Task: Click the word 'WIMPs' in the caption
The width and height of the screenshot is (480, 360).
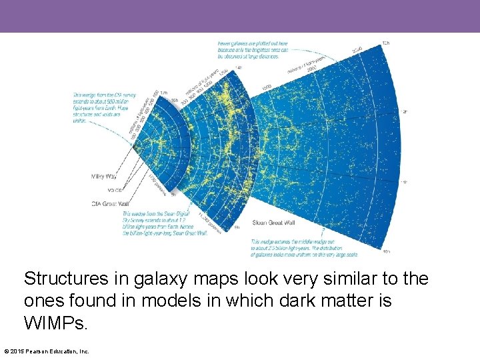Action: (55, 323)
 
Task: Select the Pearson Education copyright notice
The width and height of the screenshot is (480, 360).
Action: (47, 351)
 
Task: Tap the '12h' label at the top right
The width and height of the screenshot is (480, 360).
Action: (385, 43)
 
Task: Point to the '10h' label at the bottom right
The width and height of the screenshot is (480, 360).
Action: (387, 252)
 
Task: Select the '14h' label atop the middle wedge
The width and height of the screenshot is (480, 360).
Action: (239, 67)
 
